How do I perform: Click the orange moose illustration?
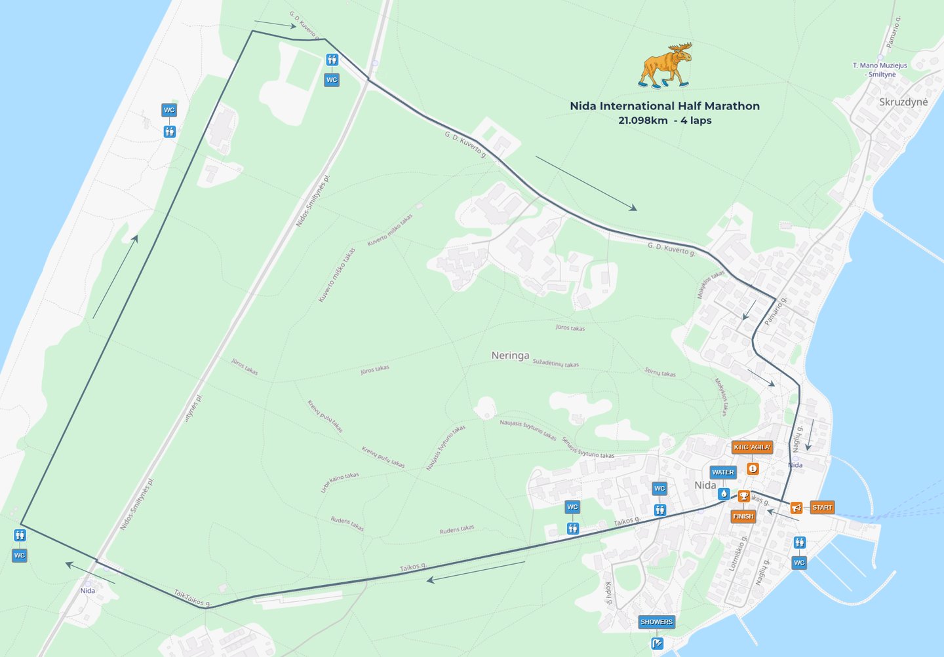(x=665, y=66)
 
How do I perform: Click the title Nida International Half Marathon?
(x=664, y=106)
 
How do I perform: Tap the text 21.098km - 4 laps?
(x=664, y=121)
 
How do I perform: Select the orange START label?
(x=821, y=508)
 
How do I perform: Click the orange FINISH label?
(x=743, y=516)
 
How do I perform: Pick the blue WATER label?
(x=722, y=472)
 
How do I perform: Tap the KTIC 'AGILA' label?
(x=752, y=447)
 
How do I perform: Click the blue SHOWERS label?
(x=656, y=622)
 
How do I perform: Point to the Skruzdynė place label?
(x=903, y=102)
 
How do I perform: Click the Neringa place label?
(x=510, y=356)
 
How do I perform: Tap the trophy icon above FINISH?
(x=743, y=497)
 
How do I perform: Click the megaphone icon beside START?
(x=796, y=508)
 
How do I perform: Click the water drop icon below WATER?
(x=724, y=493)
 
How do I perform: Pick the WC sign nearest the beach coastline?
(x=169, y=110)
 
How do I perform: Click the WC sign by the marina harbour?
(x=798, y=563)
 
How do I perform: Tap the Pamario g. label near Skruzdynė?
(x=894, y=33)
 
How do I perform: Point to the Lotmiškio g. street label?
(x=738, y=554)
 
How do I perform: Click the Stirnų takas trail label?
(x=659, y=373)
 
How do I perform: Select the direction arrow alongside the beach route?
(x=115, y=277)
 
